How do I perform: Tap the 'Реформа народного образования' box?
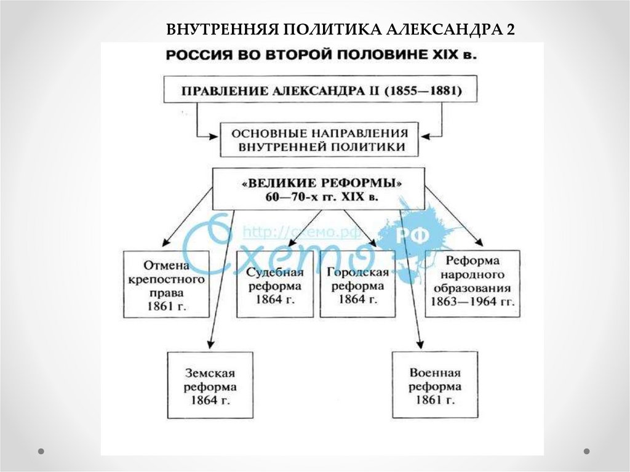click(472, 283)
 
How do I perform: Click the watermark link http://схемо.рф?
click(292, 233)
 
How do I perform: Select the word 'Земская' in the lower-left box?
click(210, 374)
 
